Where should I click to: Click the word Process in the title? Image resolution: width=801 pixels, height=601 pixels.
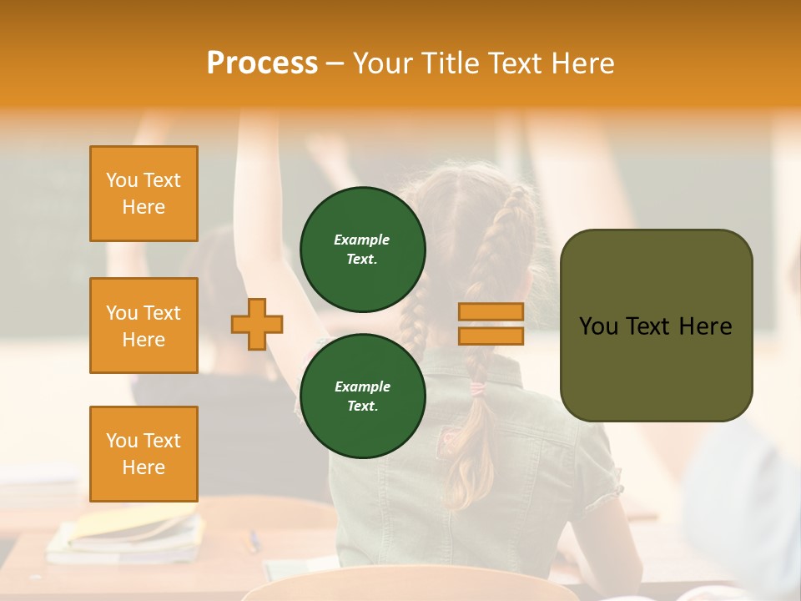pyautogui.click(x=262, y=63)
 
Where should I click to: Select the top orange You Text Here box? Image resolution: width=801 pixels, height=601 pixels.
pyautogui.click(x=144, y=194)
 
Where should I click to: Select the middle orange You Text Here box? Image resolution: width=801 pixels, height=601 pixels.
pyautogui.click(x=144, y=326)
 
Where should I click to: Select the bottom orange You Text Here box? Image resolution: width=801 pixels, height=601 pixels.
pyautogui.click(x=144, y=453)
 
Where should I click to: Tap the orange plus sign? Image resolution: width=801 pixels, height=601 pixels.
pyautogui.click(x=257, y=324)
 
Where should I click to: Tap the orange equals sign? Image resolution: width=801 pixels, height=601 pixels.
pyautogui.click(x=491, y=324)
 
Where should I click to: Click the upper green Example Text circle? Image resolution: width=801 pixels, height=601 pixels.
pyautogui.click(x=362, y=250)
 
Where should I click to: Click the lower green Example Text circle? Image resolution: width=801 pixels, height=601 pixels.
pyautogui.click(x=362, y=396)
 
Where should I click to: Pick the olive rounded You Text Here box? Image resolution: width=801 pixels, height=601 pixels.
pyautogui.click(x=656, y=326)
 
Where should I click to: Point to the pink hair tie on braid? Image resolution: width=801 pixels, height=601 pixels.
pyautogui.click(x=477, y=388)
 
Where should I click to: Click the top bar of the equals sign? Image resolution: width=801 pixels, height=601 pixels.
pyautogui.click(x=491, y=312)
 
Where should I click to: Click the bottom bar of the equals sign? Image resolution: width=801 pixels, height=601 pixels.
pyautogui.click(x=491, y=336)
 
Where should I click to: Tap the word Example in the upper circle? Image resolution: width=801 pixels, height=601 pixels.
pyautogui.click(x=362, y=240)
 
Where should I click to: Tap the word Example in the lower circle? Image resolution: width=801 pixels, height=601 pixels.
pyautogui.click(x=362, y=386)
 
